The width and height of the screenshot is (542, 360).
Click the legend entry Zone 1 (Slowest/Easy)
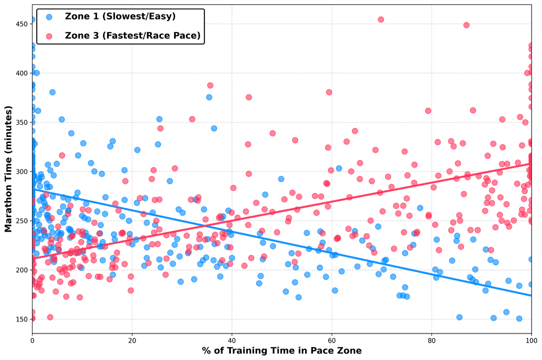click(120, 17)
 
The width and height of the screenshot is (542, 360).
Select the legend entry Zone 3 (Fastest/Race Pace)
click(132, 36)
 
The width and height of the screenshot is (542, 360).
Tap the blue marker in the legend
click(49, 17)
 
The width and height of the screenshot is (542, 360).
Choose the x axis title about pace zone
click(281, 351)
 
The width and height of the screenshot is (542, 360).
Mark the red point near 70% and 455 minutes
click(380, 20)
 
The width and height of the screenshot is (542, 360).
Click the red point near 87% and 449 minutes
click(466, 25)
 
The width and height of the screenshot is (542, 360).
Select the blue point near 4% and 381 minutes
click(53, 92)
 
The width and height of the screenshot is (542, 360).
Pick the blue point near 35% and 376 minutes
click(209, 97)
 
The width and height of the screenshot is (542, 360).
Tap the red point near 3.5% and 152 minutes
click(50, 317)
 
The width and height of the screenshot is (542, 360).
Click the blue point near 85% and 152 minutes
click(459, 317)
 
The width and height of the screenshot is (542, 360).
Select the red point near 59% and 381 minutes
click(329, 92)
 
